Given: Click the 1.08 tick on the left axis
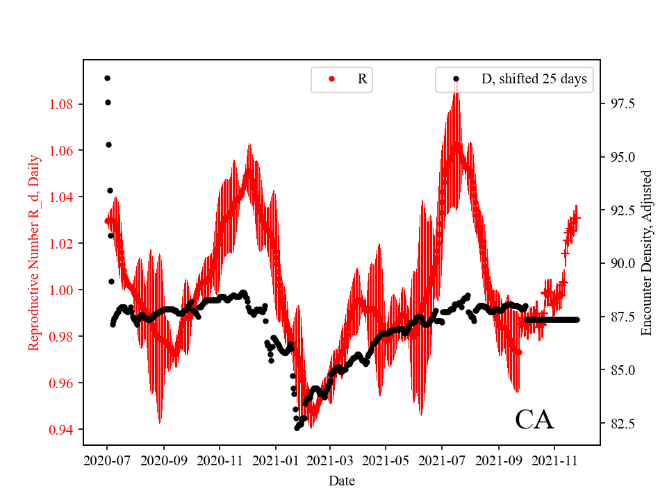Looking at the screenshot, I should click(65, 104).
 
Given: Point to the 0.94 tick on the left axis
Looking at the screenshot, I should click(65, 429).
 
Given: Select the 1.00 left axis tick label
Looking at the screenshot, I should click(65, 290).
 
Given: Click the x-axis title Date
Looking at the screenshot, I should click(342, 480).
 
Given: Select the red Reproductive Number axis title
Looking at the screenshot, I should click(34, 252).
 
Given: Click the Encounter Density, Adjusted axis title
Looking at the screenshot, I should click(647, 252).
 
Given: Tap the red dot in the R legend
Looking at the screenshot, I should click(331, 79).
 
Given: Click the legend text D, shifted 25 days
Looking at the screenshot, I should click(534, 79).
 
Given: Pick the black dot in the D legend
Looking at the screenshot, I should click(456, 79).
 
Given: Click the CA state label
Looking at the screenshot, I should click(534, 420).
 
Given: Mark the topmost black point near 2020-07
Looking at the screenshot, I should click(107, 78).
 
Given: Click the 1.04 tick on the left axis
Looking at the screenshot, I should click(65, 197).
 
